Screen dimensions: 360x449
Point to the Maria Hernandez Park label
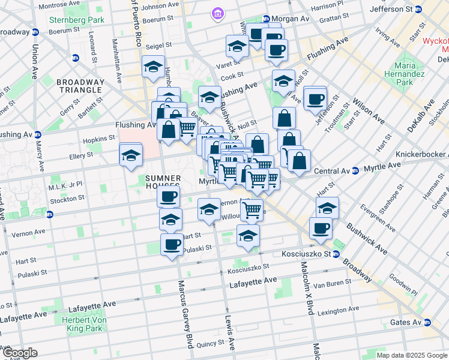(412, 74)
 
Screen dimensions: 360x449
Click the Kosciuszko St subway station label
(308, 254)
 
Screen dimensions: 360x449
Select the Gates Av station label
(406, 322)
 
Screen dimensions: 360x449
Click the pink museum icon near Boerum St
(217, 13)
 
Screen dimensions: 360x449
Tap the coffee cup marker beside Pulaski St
(172, 244)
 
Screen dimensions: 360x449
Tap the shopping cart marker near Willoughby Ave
(252, 209)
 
